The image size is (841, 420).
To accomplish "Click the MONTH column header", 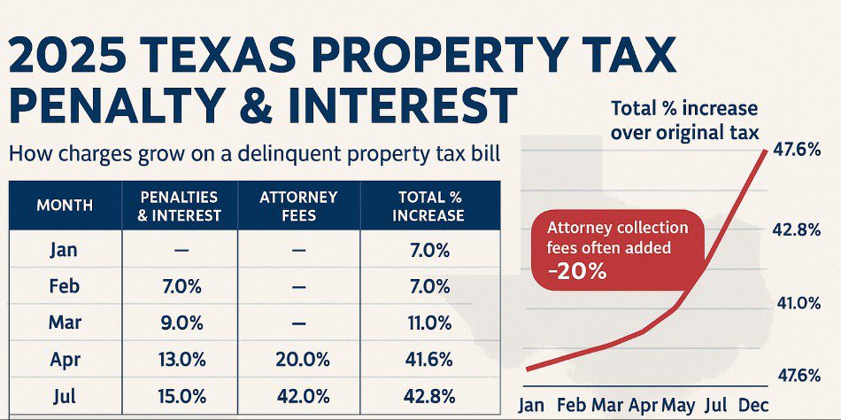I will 65,206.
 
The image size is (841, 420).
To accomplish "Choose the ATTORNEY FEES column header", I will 298,206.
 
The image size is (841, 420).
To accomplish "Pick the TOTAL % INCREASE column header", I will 430,206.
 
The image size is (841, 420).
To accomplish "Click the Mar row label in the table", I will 65,323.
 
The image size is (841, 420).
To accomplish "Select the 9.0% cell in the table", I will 181,323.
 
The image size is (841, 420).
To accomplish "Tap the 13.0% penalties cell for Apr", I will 181,360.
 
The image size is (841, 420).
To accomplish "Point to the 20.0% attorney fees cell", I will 298,360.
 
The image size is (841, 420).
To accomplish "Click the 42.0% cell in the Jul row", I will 298,396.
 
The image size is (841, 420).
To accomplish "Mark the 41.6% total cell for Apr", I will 430,360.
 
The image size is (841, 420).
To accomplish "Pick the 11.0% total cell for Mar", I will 430,323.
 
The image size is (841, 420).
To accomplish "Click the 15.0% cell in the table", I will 181,396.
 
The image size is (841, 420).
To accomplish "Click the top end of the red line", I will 766,152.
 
